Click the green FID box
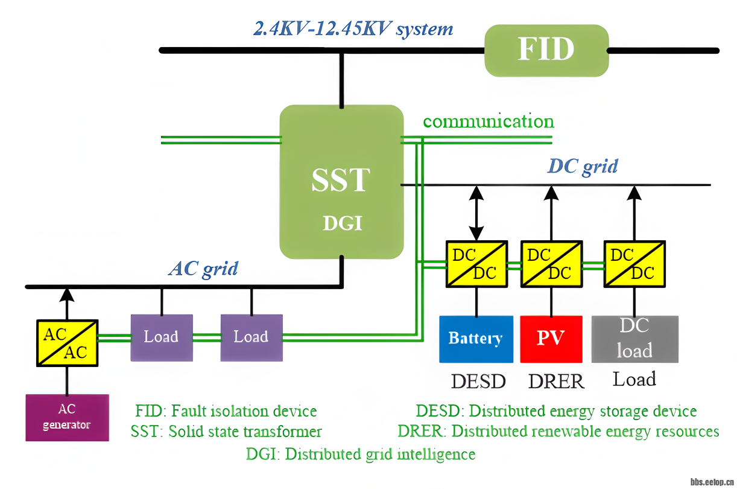(546, 50)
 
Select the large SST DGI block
(341, 182)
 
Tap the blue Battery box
(476, 339)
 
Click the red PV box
(551, 339)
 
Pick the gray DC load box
(634, 339)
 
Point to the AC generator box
(67, 417)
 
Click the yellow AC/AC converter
(67, 343)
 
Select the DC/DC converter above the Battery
(476, 264)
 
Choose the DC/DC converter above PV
(551, 264)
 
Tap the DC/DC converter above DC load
(634, 264)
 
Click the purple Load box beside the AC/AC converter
(162, 337)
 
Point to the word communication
(488, 121)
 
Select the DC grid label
(582, 166)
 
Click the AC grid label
(203, 268)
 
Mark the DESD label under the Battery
(478, 382)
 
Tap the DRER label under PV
(556, 382)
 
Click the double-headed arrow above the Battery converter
(476, 213)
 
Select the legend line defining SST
(226, 432)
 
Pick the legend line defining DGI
(361, 454)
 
